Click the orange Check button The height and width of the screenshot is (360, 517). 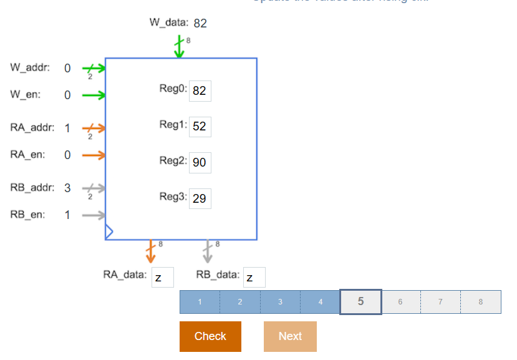pos(210,336)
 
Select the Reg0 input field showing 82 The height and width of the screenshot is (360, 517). pos(200,90)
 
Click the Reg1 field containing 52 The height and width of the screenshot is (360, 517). pos(200,127)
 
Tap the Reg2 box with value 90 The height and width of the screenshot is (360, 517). pos(200,163)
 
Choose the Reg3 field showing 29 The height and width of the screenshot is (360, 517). pos(200,199)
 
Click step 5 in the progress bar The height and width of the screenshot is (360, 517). pos(360,301)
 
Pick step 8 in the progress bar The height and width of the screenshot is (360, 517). pos(481,301)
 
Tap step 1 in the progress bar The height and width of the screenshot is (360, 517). pos(200,301)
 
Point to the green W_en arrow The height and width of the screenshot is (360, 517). pos(94,95)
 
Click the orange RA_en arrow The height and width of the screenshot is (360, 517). pos(94,155)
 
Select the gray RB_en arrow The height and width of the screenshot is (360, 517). pos(94,215)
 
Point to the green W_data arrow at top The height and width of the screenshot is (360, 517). pos(179,47)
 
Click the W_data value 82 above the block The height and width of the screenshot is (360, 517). pos(200,24)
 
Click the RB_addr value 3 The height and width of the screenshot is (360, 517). pos(67,188)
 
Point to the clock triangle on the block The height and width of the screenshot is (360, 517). pos(109,232)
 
